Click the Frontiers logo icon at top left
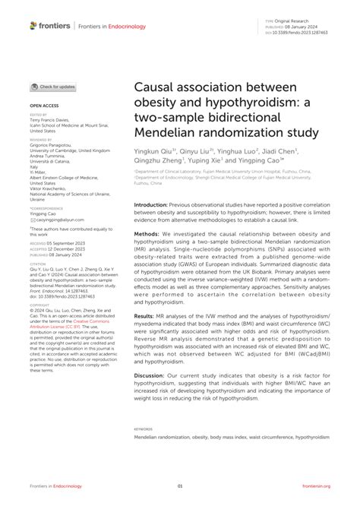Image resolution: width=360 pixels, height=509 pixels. coord(33,25)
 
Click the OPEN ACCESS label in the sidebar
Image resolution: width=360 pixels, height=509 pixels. coord(45,107)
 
